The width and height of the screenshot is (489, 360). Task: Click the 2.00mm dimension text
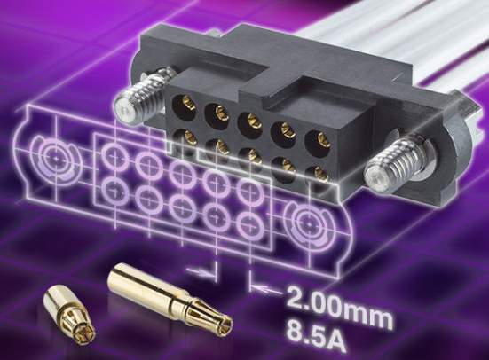click(x=339, y=307)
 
